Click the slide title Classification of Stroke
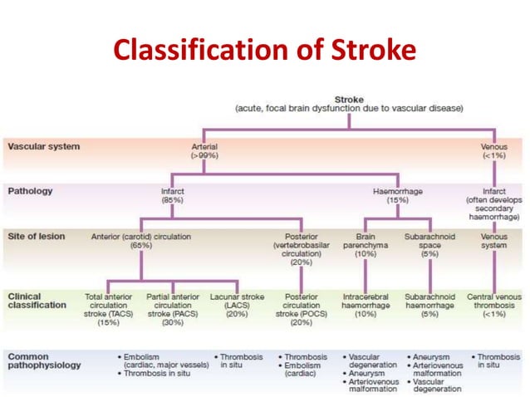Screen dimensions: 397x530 tap(264, 51)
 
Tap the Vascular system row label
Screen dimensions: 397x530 tap(44, 146)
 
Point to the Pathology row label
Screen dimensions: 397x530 tap(31, 191)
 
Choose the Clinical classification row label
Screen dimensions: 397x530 tap(37, 300)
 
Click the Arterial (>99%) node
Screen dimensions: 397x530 tap(204, 150)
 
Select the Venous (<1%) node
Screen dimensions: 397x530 tap(494, 150)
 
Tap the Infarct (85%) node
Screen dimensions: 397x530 tap(173, 196)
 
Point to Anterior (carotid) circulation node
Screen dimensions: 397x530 tap(140, 241)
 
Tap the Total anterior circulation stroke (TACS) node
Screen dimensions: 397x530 tap(108, 309)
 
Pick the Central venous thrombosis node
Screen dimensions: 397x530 tap(493, 304)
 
